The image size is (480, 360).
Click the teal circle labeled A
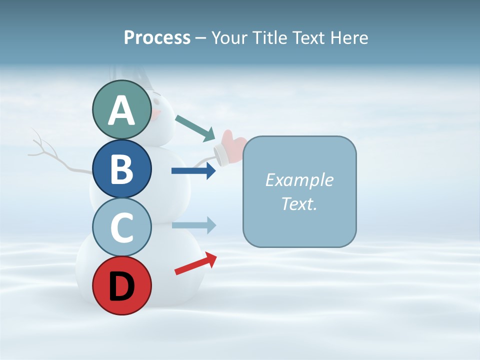coord(121,109)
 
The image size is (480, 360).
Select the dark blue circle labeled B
coord(121,168)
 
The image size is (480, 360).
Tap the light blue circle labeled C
coord(121,227)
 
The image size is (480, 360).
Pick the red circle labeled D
coord(121,285)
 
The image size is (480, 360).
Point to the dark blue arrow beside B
coord(193,171)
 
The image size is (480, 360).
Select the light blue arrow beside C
coord(193,225)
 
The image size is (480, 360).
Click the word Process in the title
coord(157,37)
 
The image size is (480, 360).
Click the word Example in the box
coord(299,180)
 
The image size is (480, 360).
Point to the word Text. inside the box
coord(299,203)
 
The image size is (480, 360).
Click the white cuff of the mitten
coord(220,154)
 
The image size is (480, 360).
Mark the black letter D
coord(121,286)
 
